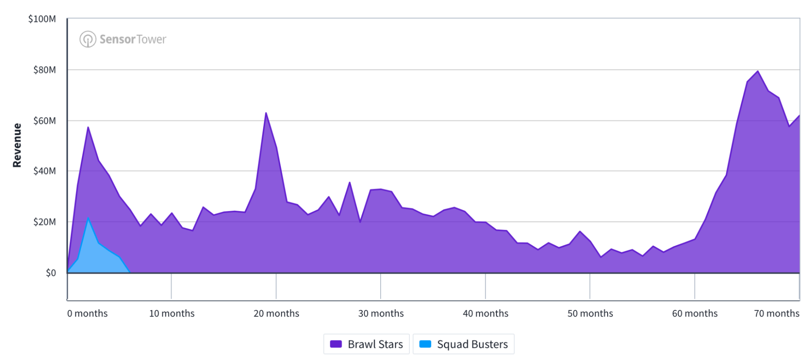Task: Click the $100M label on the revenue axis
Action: (x=42, y=19)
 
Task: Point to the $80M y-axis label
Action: (x=44, y=70)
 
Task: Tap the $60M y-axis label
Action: (x=44, y=121)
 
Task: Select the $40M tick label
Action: (x=44, y=171)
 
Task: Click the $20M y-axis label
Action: (x=44, y=222)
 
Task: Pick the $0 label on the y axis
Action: (x=51, y=273)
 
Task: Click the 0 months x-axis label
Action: (x=87, y=314)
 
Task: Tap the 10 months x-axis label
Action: (x=172, y=314)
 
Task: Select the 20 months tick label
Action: (x=276, y=314)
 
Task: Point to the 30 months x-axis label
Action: (x=381, y=314)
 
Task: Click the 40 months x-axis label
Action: (x=485, y=314)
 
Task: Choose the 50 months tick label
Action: (x=590, y=314)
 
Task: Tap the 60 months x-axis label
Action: (x=694, y=314)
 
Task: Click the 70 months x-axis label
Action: (x=776, y=314)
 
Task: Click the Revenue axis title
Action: (x=17, y=145)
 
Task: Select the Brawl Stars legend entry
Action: (x=367, y=344)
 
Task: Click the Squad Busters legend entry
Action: (x=463, y=344)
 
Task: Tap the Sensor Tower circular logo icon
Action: (x=88, y=39)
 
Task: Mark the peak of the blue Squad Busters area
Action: (x=88, y=218)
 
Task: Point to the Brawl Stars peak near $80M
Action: (x=758, y=71)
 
